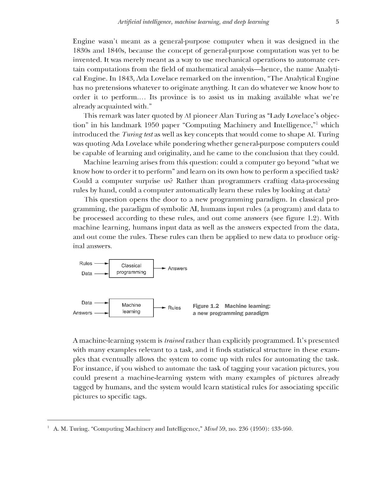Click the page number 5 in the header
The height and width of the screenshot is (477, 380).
pyautogui.click(x=337, y=22)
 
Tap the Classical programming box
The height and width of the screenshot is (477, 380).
pyautogui.click(x=131, y=269)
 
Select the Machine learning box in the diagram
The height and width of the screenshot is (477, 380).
pyautogui.click(x=131, y=308)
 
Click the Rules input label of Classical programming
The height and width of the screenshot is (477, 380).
pyautogui.click(x=86, y=263)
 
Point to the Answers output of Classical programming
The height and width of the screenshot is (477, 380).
pyautogui.click(x=178, y=268)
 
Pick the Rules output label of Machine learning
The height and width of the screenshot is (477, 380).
pyautogui.click(x=174, y=308)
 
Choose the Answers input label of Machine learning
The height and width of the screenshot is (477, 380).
pyautogui.click(x=83, y=313)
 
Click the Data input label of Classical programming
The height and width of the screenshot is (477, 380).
pyautogui.click(x=87, y=273)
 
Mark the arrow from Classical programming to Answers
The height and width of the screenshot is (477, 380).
pyautogui.click(x=159, y=268)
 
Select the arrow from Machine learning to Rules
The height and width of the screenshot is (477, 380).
pyautogui.click(x=159, y=308)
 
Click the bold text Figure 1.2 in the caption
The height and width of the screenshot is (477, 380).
pyautogui.click(x=206, y=306)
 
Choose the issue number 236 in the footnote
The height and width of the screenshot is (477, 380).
pyautogui.click(x=245, y=429)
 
